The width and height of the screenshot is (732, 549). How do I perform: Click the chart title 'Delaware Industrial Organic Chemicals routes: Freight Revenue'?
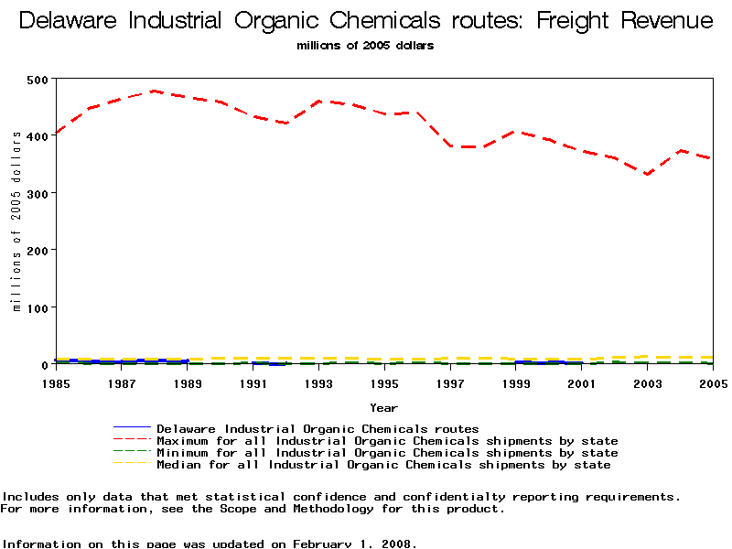tap(366, 21)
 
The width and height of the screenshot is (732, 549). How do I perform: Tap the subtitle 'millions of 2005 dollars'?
tap(366, 45)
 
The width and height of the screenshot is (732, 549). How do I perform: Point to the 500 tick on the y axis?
tap(38, 80)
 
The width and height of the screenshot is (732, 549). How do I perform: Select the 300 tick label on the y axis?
tap(38, 193)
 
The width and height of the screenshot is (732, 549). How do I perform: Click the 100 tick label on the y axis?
tap(38, 307)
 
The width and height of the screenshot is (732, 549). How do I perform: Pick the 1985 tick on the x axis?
tap(56, 383)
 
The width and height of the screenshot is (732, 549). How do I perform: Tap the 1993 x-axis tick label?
tap(319, 383)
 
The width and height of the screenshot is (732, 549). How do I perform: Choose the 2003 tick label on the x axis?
tap(648, 383)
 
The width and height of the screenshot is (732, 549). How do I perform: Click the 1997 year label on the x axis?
tap(450, 383)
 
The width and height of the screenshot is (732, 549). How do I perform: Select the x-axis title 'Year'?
tap(383, 407)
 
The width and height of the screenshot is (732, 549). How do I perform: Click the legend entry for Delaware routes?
tap(318, 428)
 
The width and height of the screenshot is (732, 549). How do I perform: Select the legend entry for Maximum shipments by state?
tap(387, 441)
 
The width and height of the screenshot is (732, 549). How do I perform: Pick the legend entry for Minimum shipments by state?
tap(387, 453)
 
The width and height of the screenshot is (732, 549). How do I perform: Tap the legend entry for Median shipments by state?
tap(383, 465)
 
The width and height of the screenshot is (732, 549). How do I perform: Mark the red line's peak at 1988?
tap(155, 91)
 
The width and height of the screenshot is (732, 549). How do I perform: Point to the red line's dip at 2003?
tap(648, 174)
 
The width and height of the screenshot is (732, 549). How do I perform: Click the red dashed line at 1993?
tap(319, 101)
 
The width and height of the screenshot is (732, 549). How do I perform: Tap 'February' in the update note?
tap(325, 544)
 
